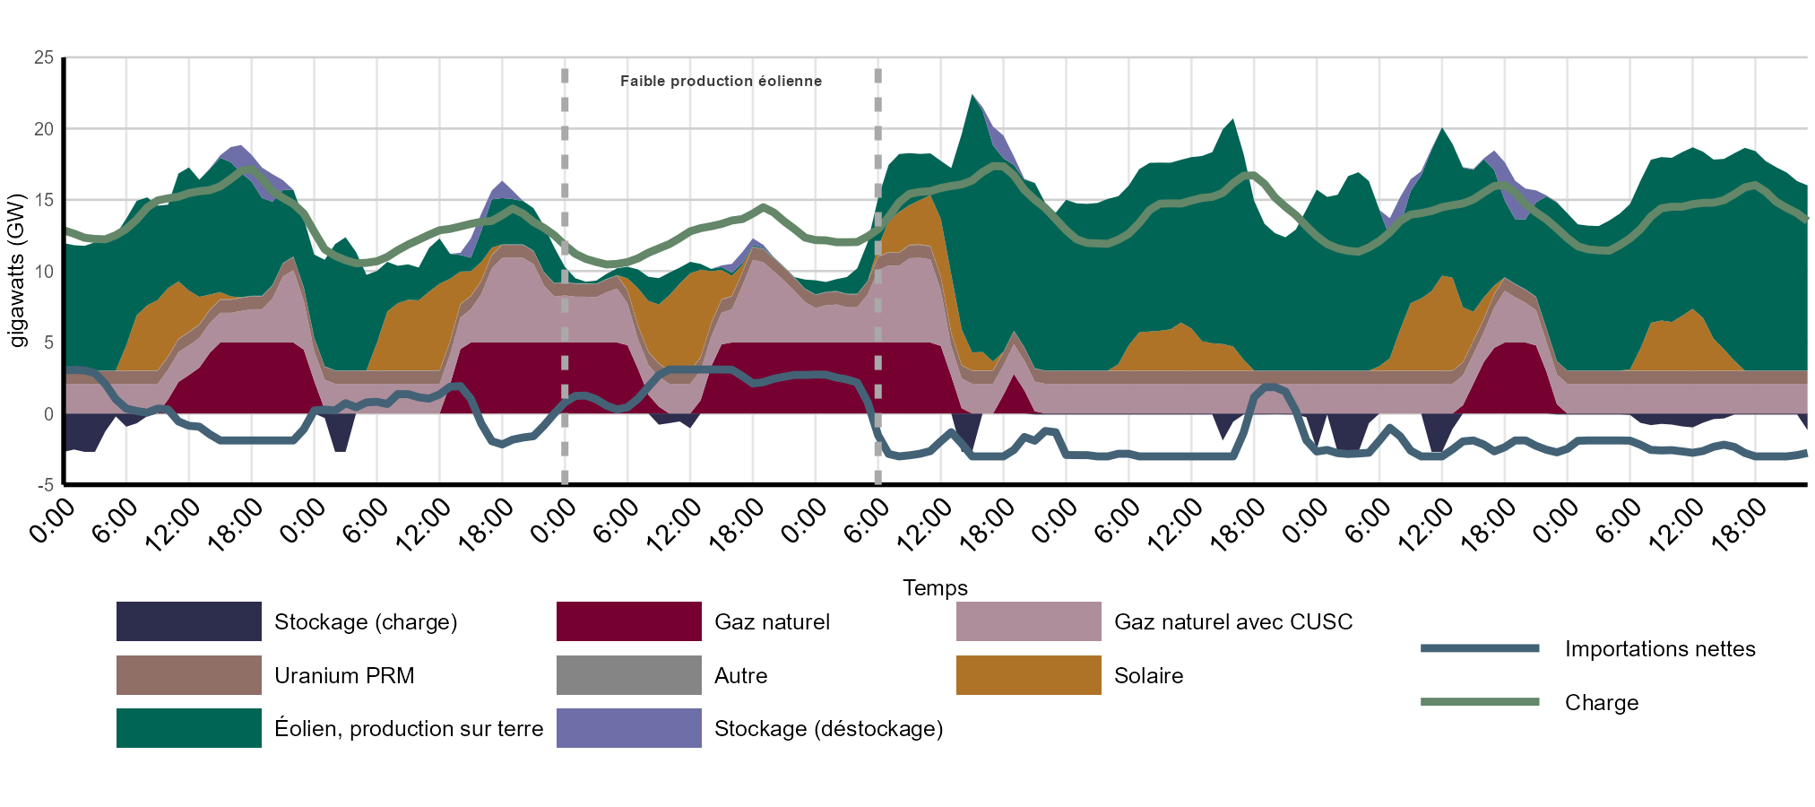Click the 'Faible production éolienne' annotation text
point(721,81)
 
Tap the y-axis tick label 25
point(44,57)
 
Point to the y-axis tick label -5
point(44,485)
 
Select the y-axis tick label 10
point(44,272)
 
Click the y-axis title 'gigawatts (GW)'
point(17,271)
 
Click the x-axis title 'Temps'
point(935,588)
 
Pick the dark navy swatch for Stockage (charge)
point(188,621)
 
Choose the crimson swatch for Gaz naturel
point(628,621)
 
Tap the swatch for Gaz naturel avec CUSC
point(1028,621)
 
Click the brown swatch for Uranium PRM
point(188,675)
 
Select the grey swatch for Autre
point(628,675)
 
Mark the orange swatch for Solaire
point(1028,675)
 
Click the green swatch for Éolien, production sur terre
point(188,728)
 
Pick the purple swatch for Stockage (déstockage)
point(628,728)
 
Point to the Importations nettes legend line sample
point(1480,648)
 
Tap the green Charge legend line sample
point(1480,702)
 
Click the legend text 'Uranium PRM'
point(344,676)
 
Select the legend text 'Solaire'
point(1148,676)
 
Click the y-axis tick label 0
point(48,414)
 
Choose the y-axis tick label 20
point(44,129)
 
